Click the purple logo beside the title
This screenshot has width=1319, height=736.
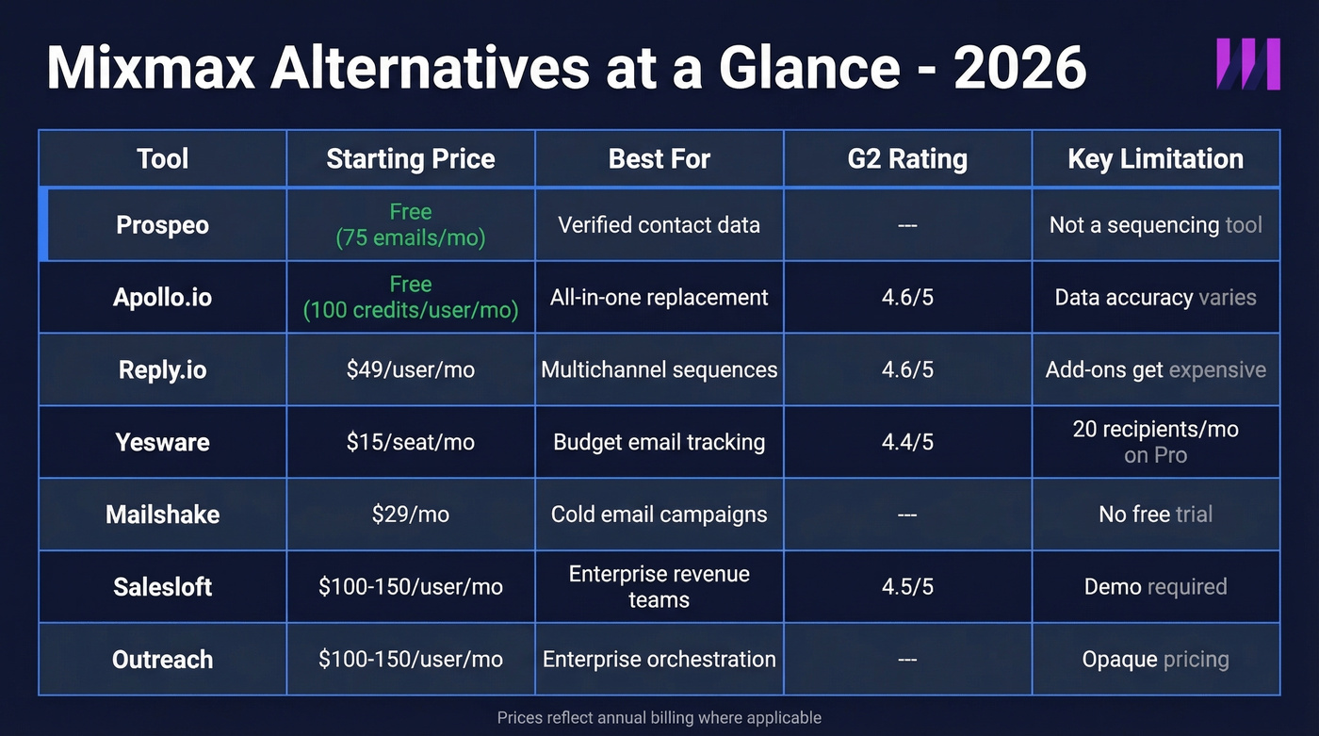[x=1248, y=64]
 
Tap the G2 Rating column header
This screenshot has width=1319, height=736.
[x=907, y=158]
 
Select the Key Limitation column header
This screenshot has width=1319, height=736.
[x=1155, y=158]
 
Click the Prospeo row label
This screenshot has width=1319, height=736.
[x=162, y=225]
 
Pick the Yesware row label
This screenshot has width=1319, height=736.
[x=162, y=442]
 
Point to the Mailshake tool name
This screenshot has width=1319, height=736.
[x=162, y=515]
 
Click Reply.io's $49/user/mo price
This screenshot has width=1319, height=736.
[x=410, y=369]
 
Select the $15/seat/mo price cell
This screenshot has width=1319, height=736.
[x=410, y=442]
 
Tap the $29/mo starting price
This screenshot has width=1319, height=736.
[x=410, y=515]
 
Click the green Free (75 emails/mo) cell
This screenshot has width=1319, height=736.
[x=410, y=225]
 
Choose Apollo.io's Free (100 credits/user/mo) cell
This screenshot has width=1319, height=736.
[x=410, y=297]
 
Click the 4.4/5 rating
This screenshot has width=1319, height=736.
[x=907, y=442]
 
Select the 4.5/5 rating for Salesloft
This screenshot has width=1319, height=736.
[x=907, y=586]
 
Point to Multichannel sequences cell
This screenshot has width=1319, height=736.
[x=659, y=369]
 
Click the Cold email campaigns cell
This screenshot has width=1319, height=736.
[x=659, y=515]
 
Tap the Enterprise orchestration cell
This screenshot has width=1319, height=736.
[x=659, y=659]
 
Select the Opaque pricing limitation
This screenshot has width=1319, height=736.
[x=1155, y=659]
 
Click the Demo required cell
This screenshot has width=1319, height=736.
[x=1155, y=586]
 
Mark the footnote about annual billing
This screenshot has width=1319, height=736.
[x=659, y=717]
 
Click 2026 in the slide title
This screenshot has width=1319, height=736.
[x=1019, y=68]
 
